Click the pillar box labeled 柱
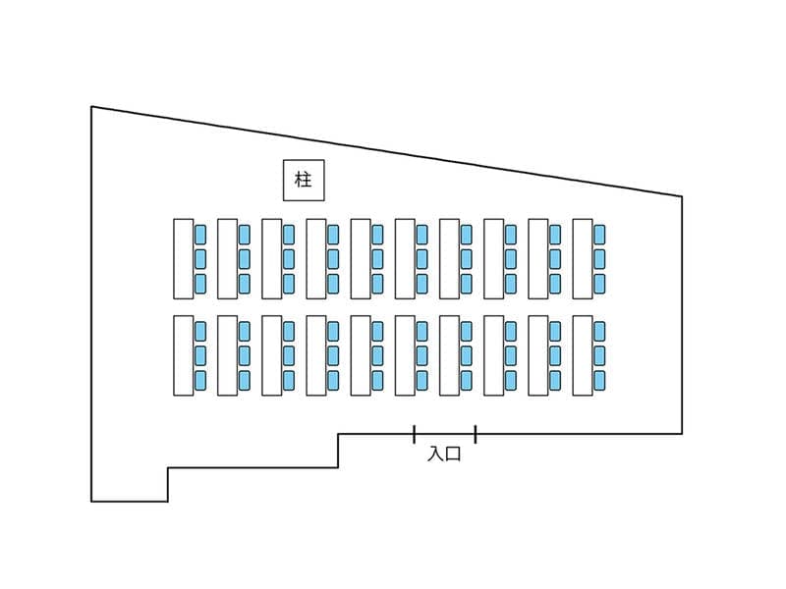pos(304,181)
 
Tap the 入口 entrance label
pos(444,454)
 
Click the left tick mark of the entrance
pos(414,434)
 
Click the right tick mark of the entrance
pos(476,434)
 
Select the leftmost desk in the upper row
pos(184,259)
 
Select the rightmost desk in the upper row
pos(583,259)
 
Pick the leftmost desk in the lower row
pos(184,355)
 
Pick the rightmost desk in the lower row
pos(583,355)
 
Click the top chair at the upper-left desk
pos(200,235)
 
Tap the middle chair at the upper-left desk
pos(200,259)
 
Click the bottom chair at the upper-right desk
pos(599,284)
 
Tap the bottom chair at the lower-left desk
pos(200,380)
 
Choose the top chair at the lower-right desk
pos(599,331)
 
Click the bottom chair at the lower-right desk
pos(599,380)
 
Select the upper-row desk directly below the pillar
pos(316,259)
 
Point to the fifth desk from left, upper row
pos(361,259)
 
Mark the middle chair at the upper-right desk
pos(599,259)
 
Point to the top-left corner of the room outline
pos(91,107)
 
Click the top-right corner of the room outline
pos(682,196)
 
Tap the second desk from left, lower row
pos(228,355)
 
